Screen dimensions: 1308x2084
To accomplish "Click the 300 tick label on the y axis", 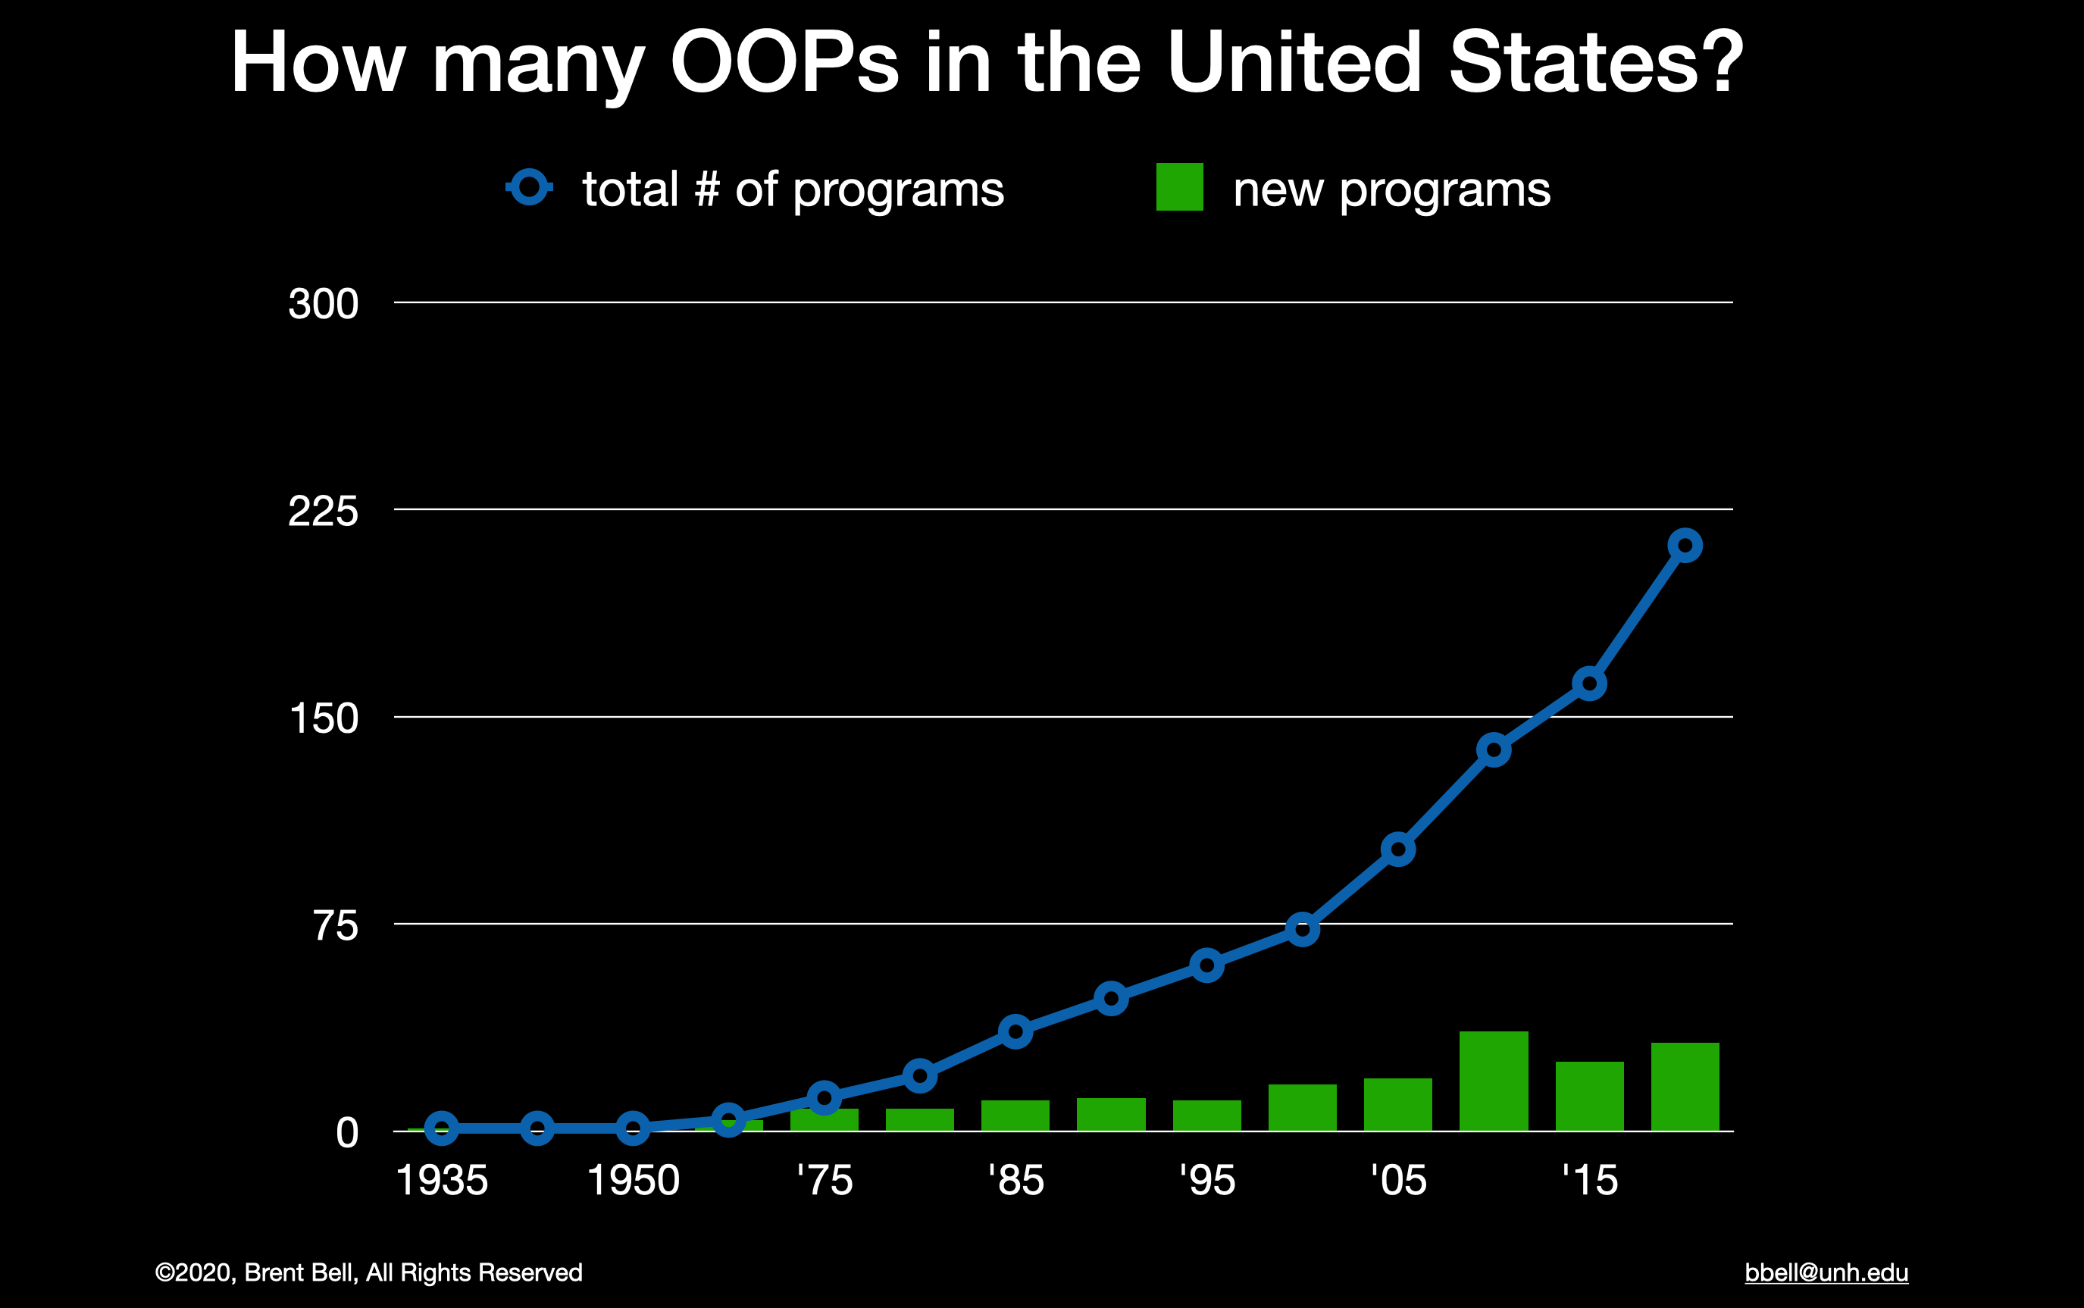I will tap(323, 305).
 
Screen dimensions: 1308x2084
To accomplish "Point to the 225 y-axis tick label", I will tap(323, 512).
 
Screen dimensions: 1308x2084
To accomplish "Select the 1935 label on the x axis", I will tap(441, 1181).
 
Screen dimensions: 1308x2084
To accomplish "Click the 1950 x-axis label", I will tap(634, 1181).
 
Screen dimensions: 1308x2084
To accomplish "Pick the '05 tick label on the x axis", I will tap(1398, 1181).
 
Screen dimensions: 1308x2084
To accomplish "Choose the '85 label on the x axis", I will tap(1015, 1181).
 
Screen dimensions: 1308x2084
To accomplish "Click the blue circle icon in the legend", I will tap(530, 187).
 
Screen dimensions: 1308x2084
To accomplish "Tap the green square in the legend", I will tap(1179, 187).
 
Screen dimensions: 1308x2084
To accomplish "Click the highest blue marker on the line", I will tap(1685, 546).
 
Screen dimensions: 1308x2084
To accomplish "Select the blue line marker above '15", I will tap(1589, 684).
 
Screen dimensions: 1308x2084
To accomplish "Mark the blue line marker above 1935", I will tap(441, 1128).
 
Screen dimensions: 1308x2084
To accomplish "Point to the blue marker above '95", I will tap(1206, 965).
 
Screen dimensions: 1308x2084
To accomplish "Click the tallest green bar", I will tap(1493, 1081).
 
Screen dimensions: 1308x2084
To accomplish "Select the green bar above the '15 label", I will tap(1589, 1096).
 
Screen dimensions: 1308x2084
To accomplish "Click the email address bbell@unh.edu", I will tap(1826, 1273).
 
